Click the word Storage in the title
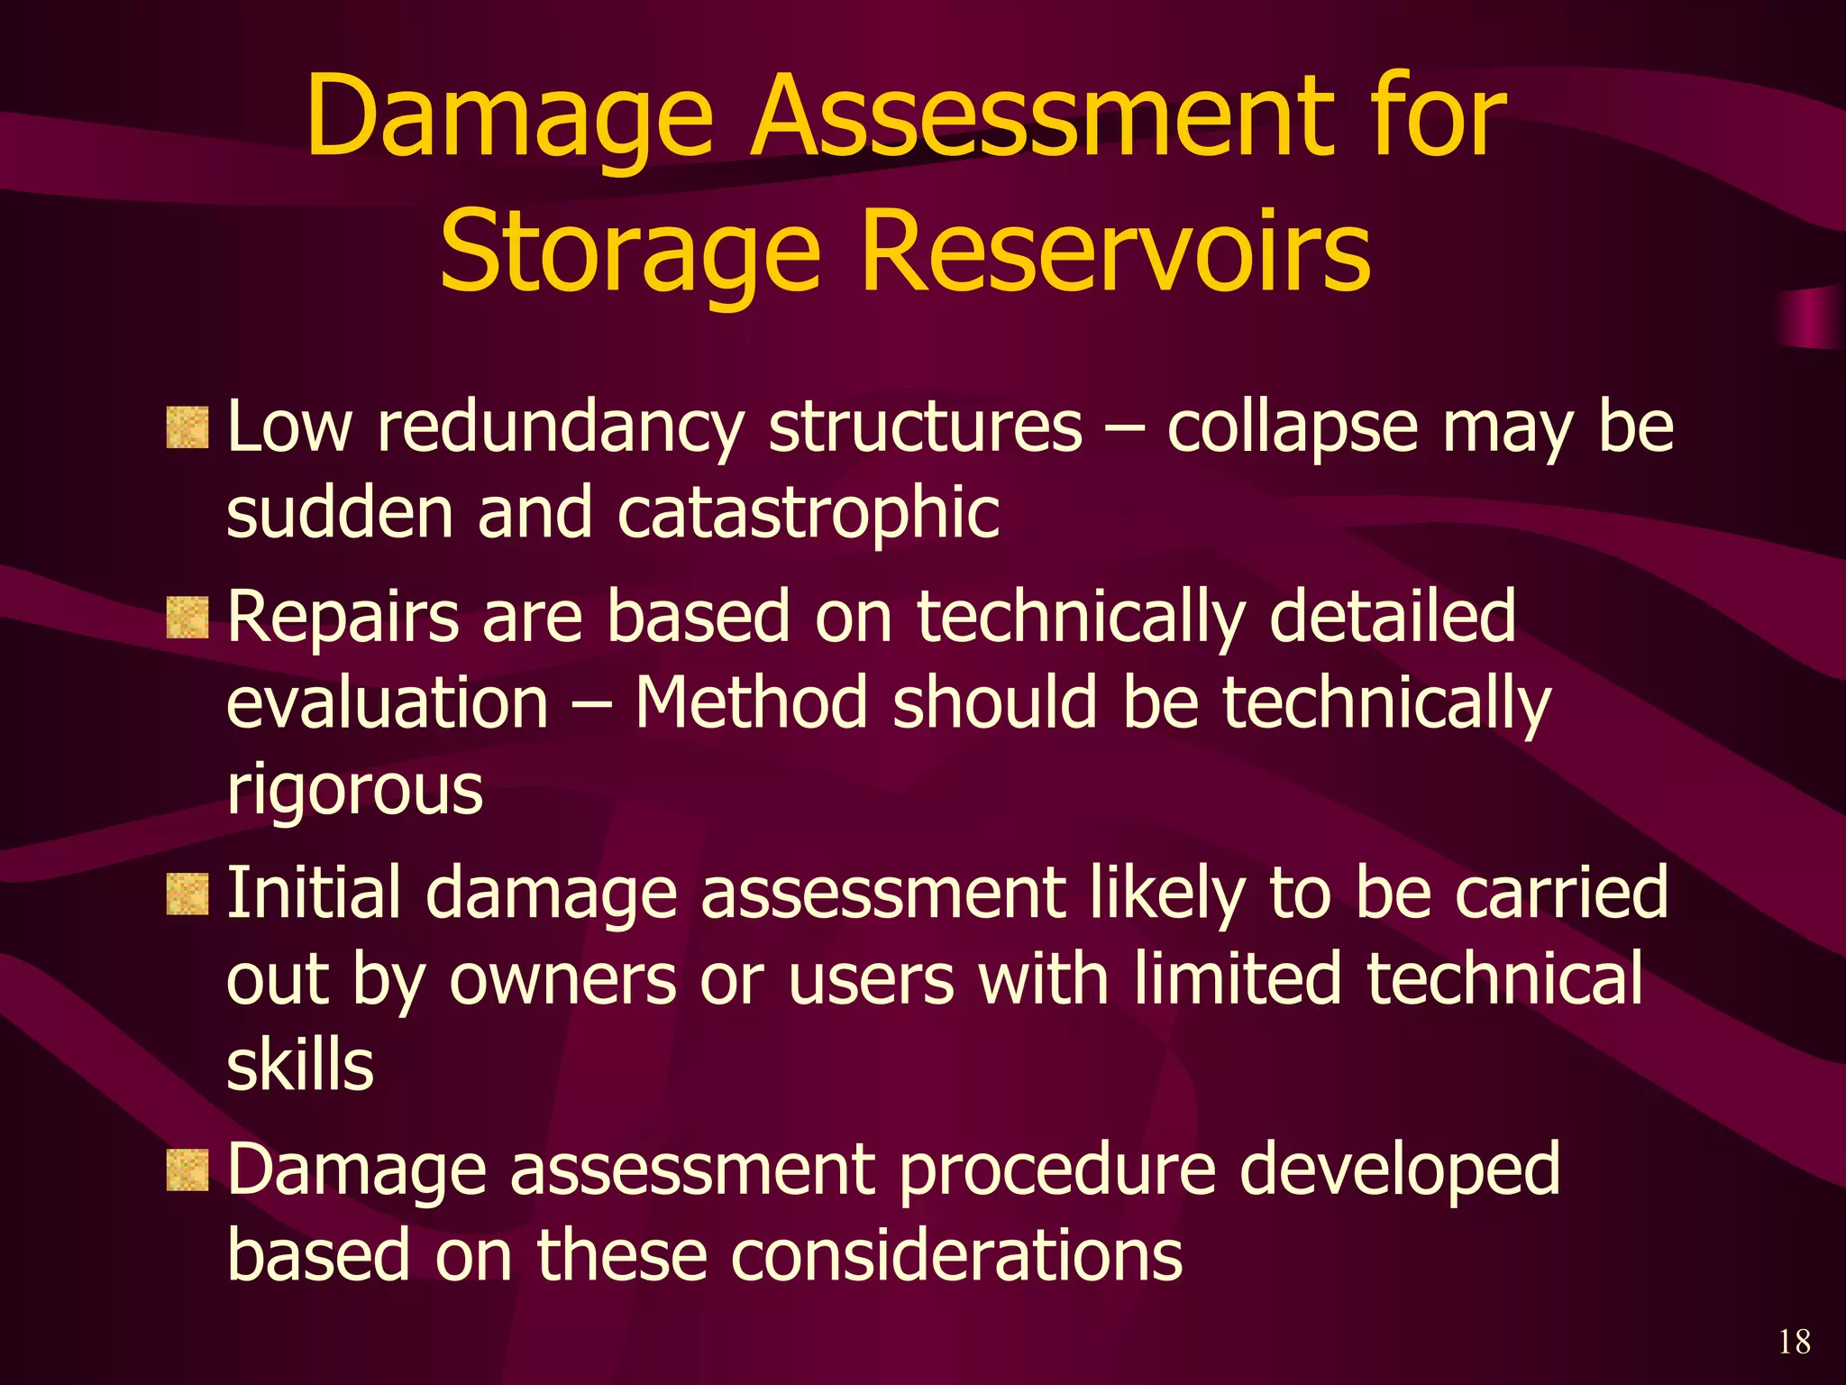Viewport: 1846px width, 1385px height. click(630, 252)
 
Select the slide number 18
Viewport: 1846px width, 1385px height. click(1794, 1342)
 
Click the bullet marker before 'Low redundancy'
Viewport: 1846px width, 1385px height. click(187, 427)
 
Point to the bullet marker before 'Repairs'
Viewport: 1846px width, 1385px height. click(187, 618)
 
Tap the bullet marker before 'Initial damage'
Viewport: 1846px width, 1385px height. click(187, 894)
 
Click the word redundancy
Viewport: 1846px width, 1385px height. click(559, 428)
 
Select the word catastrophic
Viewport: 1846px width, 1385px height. click(809, 513)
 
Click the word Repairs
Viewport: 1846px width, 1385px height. click(343, 619)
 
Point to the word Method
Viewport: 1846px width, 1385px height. click(751, 703)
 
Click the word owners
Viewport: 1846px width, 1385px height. click(562, 980)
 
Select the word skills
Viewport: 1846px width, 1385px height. click(299, 1066)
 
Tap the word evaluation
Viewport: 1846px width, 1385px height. click(387, 703)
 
